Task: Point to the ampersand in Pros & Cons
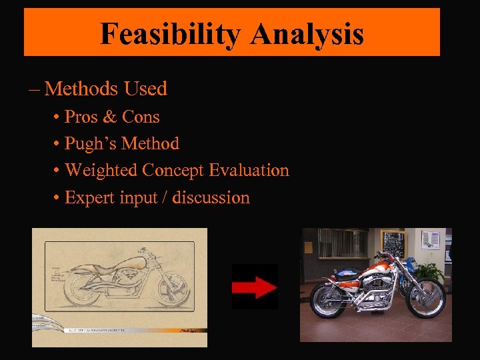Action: click(109, 117)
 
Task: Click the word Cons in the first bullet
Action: click(141, 117)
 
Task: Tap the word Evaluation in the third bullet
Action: click(249, 171)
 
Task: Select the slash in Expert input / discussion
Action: click(163, 198)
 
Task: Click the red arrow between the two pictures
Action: click(254, 287)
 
